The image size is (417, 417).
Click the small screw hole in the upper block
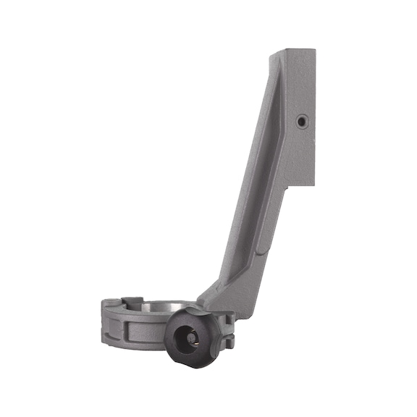click(x=301, y=121)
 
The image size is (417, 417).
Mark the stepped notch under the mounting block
click(x=290, y=190)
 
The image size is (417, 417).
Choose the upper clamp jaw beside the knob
click(x=224, y=319)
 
